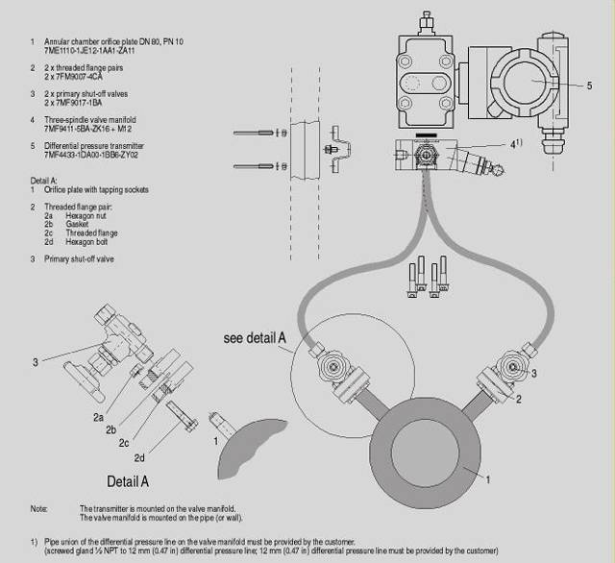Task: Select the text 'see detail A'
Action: point(254,338)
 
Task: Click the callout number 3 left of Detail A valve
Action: point(36,362)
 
